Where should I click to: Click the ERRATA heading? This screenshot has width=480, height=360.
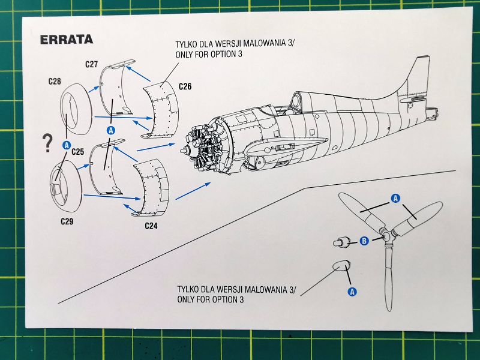pyautogui.click(x=66, y=40)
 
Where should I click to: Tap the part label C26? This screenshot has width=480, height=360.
pyautogui.click(x=185, y=86)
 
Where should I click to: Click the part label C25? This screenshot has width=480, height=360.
pyautogui.click(x=77, y=152)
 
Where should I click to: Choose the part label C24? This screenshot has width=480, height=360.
pyautogui.click(x=152, y=226)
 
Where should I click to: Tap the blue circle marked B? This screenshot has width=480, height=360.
pyautogui.click(x=363, y=241)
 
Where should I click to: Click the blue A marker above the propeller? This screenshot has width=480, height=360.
pyautogui.click(x=395, y=197)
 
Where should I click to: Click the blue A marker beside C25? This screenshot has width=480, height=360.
pyautogui.click(x=67, y=145)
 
